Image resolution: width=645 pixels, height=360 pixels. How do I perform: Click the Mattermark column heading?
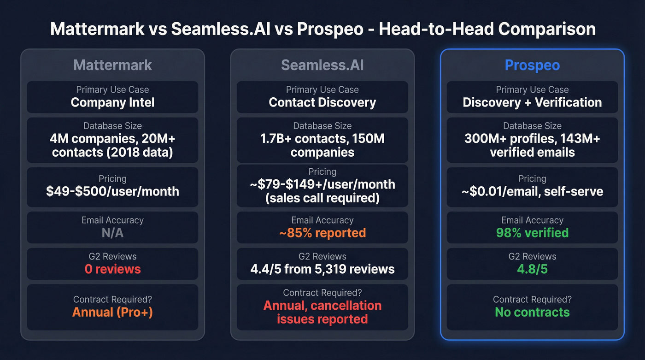pyautogui.click(x=112, y=65)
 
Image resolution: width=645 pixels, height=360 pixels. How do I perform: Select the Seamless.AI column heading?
pyautogui.click(x=322, y=65)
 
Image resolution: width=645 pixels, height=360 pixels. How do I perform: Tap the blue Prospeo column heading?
pyautogui.click(x=532, y=65)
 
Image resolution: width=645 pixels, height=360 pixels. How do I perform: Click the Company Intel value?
pyautogui.click(x=112, y=102)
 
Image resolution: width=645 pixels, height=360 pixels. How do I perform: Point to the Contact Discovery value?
pyautogui.click(x=322, y=102)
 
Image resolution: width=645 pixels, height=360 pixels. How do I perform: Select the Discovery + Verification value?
pyautogui.click(x=532, y=102)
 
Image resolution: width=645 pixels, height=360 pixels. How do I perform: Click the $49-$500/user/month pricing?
pyautogui.click(x=112, y=191)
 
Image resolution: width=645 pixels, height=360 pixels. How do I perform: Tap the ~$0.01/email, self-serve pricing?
pyautogui.click(x=532, y=191)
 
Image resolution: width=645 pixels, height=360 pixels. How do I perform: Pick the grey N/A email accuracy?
pyautogui.click(x=112, y=233)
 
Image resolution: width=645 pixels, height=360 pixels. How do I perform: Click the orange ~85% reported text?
pyautogui.click(x=322, y=233)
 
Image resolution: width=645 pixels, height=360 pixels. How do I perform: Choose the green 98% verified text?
pyautogui.click(x=532, y=233)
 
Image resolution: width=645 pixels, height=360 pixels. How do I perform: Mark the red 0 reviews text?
pyautogui.click(x=112, y=269)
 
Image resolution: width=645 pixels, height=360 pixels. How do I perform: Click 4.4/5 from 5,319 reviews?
pyautogui.click(x=322, y=269)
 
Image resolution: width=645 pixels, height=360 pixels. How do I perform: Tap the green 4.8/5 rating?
pyautogui.click(x=532, y=269)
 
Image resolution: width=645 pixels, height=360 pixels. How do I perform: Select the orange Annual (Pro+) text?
pyautogui.click(x=112, y=312)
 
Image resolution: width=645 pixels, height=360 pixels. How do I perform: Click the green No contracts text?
pyautogui.click(x=532, y=312)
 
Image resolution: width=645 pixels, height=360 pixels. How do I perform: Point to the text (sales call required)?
pyautogui.click(x=322, y=198)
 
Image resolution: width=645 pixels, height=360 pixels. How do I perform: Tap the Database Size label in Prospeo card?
pyautogui.click(x=532, y=126)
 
